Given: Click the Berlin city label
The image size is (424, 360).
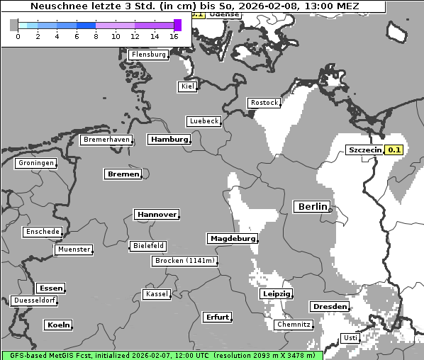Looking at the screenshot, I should click(x=311, y=207).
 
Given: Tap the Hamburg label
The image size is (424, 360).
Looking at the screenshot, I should click(x=169, y=140).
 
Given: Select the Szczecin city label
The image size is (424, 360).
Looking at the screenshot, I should click(x=365, y=150).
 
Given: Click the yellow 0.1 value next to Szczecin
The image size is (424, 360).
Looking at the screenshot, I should click(x=394, y=150).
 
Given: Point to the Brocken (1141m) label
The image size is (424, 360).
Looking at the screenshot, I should click(x=184, y=261).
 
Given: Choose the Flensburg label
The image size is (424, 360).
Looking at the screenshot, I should click(x=149, y=55).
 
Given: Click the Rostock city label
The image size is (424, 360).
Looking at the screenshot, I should click(x=264, y=103).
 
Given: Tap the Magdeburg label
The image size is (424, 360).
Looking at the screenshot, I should click(x=232, y=239).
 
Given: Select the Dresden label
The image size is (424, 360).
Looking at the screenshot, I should click(x=329, y=307).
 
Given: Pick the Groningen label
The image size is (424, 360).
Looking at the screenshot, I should click(x=35, y=163).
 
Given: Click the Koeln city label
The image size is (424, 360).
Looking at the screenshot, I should click(x=58, y=325).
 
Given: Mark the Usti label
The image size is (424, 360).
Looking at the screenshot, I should click(x=350, y=338).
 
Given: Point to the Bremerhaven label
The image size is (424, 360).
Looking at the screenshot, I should click(x=106, y=140).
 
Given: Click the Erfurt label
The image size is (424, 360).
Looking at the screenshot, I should click(x=216, y=317).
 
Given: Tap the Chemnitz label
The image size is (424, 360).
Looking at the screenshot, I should click(x=294, y=325).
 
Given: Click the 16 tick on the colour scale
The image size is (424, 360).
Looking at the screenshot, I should click(x=174, y=36).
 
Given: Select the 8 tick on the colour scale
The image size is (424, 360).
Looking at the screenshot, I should click(x=96, y=36).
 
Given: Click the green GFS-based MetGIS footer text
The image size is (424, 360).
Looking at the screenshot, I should click(x=162, y=355).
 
